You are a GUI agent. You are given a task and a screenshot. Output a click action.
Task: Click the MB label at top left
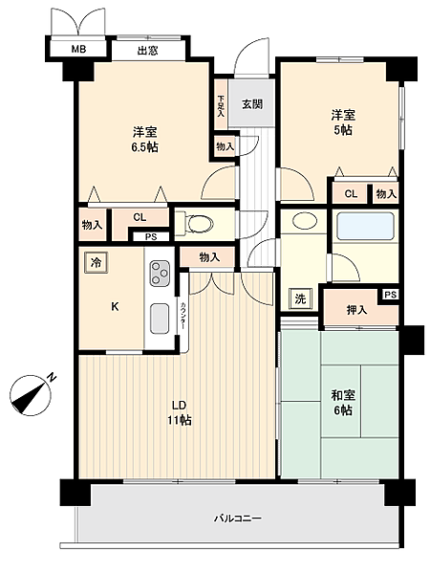tap(75, 52)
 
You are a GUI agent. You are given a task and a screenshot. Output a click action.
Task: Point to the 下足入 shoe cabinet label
tap(221, 105)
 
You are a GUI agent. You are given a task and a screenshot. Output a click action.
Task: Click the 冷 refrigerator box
tap(96, 261)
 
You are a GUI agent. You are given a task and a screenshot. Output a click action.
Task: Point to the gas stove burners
tap(158, 276)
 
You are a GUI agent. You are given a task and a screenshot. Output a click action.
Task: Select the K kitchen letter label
tap(115, 307)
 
